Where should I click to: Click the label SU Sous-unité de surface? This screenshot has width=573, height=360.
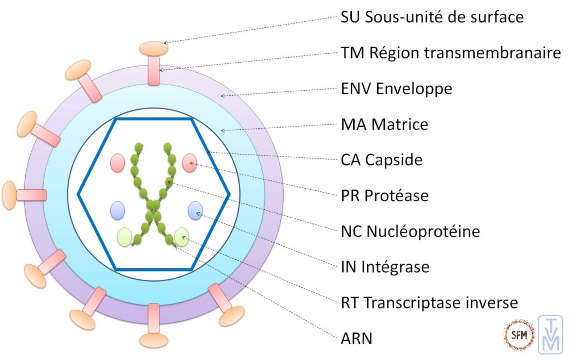coord(432,17)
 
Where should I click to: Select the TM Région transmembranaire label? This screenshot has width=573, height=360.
coord(450,53)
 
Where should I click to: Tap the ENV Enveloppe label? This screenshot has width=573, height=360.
coord(396,88)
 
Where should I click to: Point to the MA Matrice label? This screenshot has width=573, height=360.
coord(384,124)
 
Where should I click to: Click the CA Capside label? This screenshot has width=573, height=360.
coord(381,160)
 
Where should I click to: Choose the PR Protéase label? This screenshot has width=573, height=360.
coord(384,195)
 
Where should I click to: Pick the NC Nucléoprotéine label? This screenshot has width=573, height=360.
coord(410,231)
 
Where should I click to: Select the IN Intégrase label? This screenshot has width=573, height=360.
coord(385,267)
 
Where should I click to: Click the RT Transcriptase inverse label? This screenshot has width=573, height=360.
coord(429,302)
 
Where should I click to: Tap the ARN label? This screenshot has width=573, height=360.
coord(356,338)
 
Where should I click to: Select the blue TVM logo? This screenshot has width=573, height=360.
coord(550,335)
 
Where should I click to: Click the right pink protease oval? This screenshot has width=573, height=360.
coord(190,162)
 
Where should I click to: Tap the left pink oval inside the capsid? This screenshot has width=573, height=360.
coord(118,162)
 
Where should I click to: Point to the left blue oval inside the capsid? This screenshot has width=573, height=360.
coord(118,210)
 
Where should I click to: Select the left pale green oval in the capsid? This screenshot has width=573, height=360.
coord(125,237)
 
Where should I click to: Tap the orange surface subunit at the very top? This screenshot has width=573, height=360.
coord(154,48)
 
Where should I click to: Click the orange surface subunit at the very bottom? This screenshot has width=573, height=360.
coord(154,340)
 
